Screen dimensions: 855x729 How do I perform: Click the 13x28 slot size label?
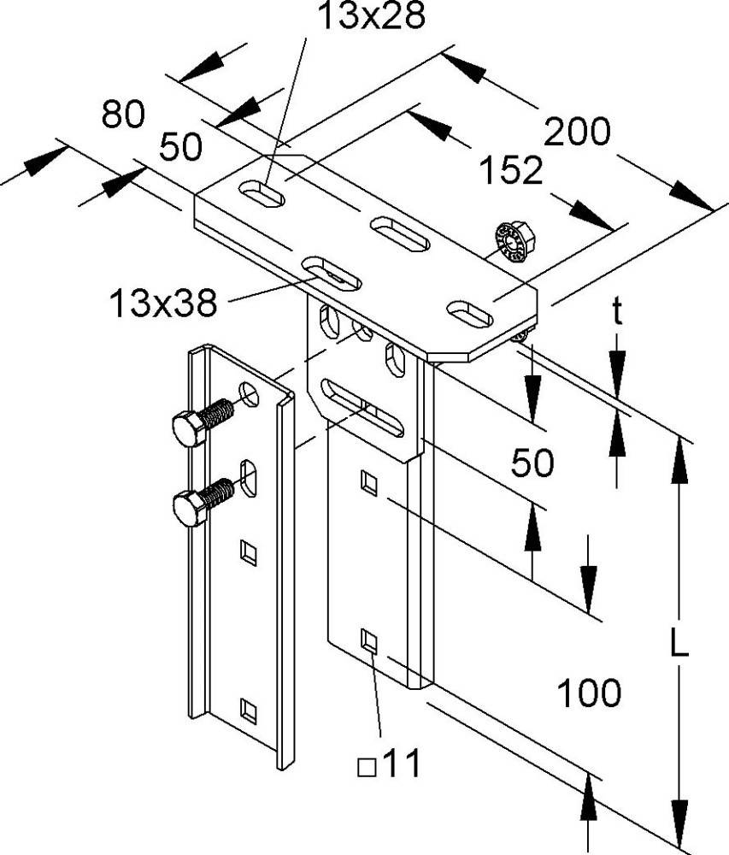pyautogui.click(x=369, y=16)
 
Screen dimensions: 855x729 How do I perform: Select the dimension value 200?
pyautogui.click(x=579, y=133)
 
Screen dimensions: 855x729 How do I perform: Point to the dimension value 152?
pyautogui.click(x=509, y=171)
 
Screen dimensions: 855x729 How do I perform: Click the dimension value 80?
pyautogui.click(x=123, y=114)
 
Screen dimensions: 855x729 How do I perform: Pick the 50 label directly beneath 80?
pyautogui.click(x=180, y=147)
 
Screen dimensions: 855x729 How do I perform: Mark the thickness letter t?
pyautogui.click(x=616, y=314)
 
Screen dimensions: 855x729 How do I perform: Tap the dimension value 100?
pyautogui.click(x=589, y=693)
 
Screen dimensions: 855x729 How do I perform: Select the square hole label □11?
pyautogui.click(x=390, y=764)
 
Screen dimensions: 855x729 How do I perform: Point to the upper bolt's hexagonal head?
pyautogui.click(x=187, y=427)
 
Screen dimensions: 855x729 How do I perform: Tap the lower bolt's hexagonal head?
pyautogui.click(x=189, y=509)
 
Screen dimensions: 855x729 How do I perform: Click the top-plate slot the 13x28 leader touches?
pyautogui.click(x=263, y=192)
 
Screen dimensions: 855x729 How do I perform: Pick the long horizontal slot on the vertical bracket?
pyautogui.click(x=362, y=409)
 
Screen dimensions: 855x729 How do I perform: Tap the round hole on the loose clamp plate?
pyautogui.click(x=250, y=392)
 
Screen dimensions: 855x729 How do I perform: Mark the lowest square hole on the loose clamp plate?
pyautogui.click(x=248, y=709)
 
